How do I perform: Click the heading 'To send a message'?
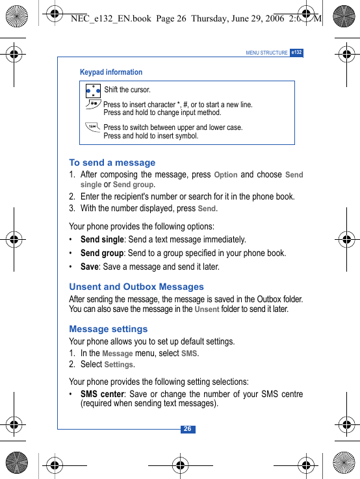click(112, 162)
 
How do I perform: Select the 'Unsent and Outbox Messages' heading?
click(136, 287)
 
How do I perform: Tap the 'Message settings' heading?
click(109, 329)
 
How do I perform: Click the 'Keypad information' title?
click(111, 72)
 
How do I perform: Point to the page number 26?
click(187, 429)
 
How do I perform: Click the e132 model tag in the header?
click(296, 53)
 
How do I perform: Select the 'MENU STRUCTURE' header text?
click(266, 53)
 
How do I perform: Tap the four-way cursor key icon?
click(93, 91)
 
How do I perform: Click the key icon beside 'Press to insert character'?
click(94, 104)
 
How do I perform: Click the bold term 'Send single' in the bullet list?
click(102, 240)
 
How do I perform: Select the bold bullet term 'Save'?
click(90, 267)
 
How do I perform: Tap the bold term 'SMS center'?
click(102, 395)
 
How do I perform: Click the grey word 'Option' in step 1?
click(225, 175)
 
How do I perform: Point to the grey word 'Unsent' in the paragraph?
click(207, 309)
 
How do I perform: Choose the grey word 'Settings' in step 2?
click(120, 365)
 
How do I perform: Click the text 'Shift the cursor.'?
click(127, 90)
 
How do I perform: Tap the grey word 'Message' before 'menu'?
click(117, 354)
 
